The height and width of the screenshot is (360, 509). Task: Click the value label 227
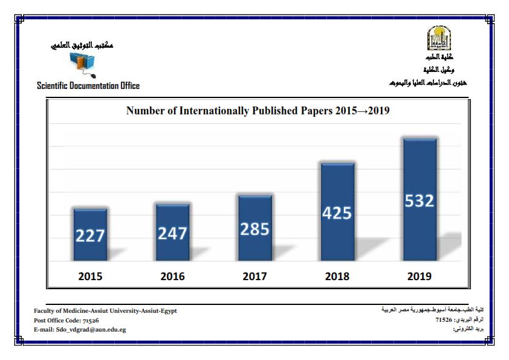(90, 236)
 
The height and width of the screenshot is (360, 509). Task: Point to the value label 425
(337, 213)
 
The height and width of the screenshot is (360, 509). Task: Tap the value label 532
(420, 200)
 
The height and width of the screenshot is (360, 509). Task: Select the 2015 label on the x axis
(90, 277)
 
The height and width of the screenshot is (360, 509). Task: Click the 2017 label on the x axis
(254, 277)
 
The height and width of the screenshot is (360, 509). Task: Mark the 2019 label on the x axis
(420, 277)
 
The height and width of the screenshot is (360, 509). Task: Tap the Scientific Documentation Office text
(88, 86)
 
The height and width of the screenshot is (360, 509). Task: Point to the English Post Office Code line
(66, 320)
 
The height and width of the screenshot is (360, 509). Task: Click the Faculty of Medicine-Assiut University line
(105, 310)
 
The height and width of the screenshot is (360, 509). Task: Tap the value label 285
(254, 229)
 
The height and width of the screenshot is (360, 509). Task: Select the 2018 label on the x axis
(337, 277)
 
